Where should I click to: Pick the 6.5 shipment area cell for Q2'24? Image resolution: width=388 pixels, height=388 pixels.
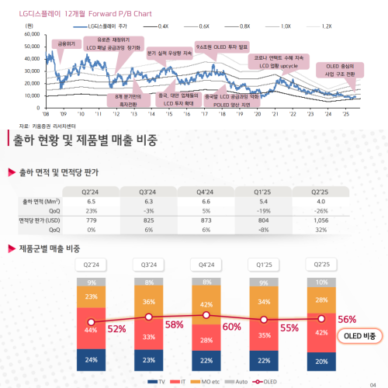tap(92, 200)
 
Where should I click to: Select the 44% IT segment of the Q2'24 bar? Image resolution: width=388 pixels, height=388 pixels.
tap(92, 330)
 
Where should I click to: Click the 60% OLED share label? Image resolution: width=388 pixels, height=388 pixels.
tap(231, 327)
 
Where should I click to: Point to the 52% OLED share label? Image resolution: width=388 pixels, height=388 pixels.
tap(116, 329)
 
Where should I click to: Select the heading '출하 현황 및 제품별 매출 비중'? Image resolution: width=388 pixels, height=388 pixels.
tap(85, 140)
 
